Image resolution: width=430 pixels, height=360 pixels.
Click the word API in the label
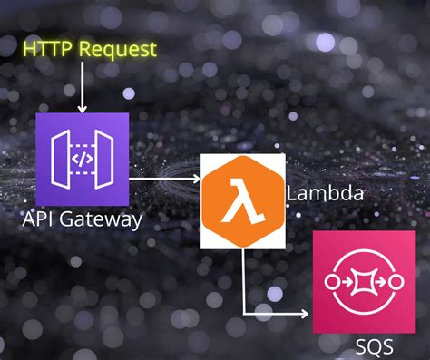40,219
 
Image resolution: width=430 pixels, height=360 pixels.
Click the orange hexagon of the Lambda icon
241,200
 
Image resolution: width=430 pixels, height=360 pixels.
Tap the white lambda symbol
241,200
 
